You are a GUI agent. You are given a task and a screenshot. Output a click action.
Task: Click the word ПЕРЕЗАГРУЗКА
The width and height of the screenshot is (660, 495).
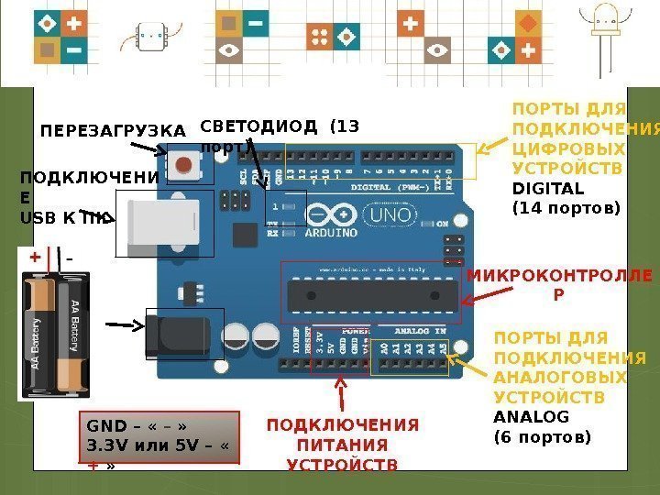(113, 131)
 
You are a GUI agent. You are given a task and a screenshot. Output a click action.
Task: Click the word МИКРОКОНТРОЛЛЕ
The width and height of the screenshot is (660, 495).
(560, 276)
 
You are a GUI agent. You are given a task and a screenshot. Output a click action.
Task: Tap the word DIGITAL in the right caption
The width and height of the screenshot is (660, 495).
(547, 189)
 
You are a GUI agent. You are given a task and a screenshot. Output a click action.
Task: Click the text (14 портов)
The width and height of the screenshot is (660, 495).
(566, 208)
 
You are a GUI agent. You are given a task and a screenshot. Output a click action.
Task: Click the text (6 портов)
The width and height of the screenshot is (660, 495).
(543, 437)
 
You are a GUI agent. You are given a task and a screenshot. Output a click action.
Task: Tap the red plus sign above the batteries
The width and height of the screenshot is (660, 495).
(36, 258)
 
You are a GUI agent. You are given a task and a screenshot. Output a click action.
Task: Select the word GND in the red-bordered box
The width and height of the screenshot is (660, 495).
(103, 427)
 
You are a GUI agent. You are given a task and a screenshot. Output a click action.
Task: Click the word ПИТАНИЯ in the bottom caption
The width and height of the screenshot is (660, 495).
(342, 445)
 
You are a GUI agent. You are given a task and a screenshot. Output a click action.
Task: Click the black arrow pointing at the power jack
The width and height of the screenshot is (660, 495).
(126, 324)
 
